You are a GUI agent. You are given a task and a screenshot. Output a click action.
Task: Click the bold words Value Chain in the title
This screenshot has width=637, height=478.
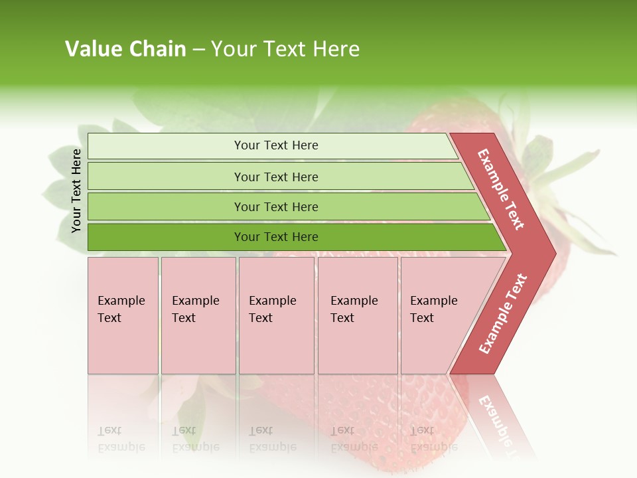(125, 49)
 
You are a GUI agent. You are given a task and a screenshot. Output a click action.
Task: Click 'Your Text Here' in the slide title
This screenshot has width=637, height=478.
(285, 49)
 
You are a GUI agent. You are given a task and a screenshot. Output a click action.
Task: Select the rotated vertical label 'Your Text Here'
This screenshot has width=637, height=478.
(76, 191)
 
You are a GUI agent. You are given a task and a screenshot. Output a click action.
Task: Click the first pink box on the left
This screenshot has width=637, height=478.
(123, 315)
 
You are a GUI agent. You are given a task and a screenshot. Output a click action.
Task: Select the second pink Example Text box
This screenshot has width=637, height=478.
(198, 315)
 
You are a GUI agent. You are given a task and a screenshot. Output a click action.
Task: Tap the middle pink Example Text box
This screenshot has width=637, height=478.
(276, 315)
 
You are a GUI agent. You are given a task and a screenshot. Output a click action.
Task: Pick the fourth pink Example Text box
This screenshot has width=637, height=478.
(358, 315)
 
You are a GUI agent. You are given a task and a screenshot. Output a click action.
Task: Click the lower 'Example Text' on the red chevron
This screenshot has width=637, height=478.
(503, 314)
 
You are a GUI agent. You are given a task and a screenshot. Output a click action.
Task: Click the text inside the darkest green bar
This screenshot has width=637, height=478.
(276, 237)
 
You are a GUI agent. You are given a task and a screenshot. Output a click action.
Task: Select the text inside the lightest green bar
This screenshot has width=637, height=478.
(276, 145)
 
